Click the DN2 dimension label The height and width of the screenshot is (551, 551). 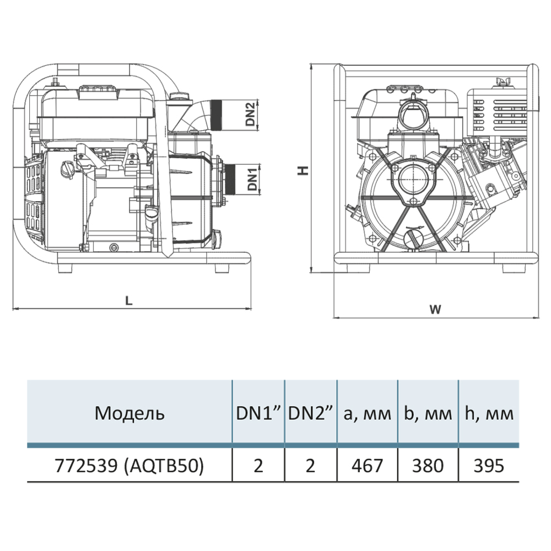(251, 115)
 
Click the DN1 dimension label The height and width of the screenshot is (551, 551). (252, 179)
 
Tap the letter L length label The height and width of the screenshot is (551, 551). (128, 300)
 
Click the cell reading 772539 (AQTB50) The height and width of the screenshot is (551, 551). (129, 466)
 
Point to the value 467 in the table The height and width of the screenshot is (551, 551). (367, 466)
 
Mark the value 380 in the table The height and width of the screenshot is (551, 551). (428, 466)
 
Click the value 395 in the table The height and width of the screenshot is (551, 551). (489, 466)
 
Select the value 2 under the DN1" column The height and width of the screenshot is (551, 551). (258, 466)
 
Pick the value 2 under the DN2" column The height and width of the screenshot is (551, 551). (311, 466)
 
